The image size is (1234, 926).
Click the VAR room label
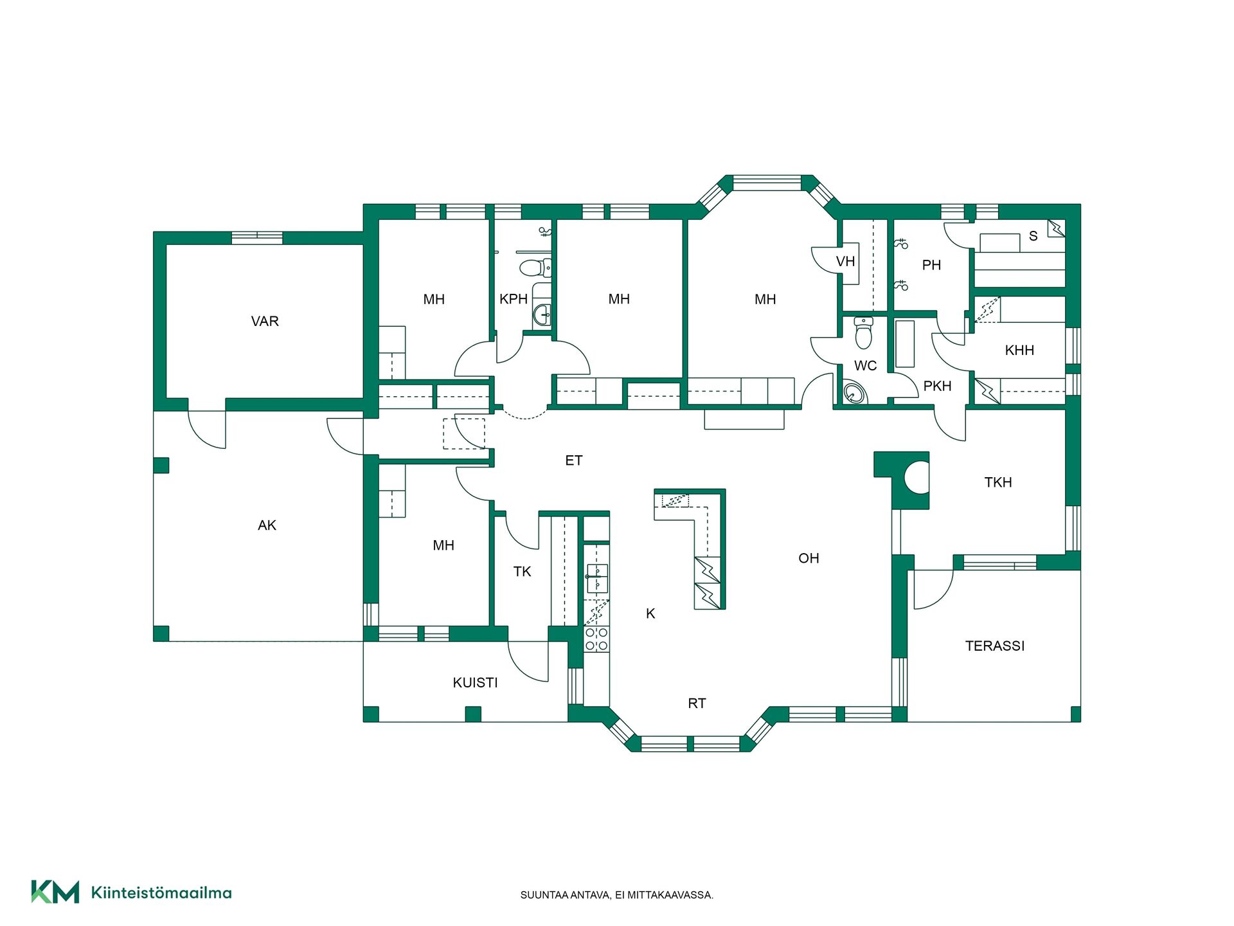click(x=265, y=322)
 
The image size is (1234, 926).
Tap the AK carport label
click(x=267, y=525)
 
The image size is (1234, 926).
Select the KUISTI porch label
click(x=475, y=683)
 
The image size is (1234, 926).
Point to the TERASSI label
click(x=994, y=646)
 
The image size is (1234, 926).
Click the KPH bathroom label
click(x=514, y=299)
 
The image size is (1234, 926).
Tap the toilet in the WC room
click(x=864, y=332)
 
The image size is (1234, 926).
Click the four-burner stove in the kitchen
click(x=596, y=639)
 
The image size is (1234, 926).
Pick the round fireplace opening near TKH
click(x=917, y=478)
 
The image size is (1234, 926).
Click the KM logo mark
click(x=55, y=892)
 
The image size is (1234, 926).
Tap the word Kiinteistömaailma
click(x=161, y=893)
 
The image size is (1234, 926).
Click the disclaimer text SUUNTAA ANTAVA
click(x=565, y=895)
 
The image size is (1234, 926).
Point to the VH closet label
click(x=845, y=262)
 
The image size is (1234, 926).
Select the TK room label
click(x=523, y=572)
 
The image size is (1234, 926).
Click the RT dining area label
click(x=697, y=704)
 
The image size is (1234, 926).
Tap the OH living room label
click(x=809, y=558)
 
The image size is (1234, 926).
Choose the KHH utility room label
click(x=1019, y=350)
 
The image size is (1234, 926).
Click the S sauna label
click(x=1033, y=236)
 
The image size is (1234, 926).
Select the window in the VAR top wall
click(x=257, y=237)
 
